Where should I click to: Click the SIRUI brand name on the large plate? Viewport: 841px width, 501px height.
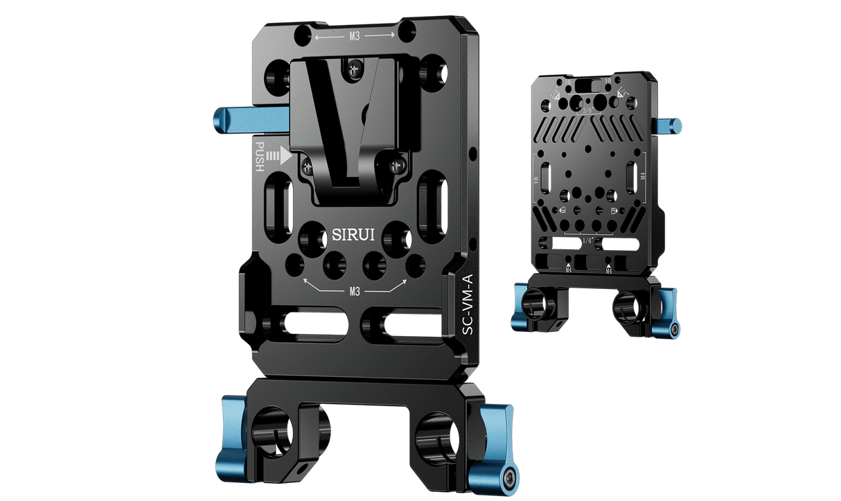[353, 235]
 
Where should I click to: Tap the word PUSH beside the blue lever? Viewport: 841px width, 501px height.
[260, 157]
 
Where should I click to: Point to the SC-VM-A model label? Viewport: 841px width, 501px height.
[468, 305]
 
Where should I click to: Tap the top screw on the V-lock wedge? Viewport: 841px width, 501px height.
[355, 69]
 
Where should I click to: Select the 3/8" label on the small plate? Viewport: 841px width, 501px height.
[589, 109]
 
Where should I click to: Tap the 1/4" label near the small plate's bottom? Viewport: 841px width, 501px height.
[589, 239]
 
